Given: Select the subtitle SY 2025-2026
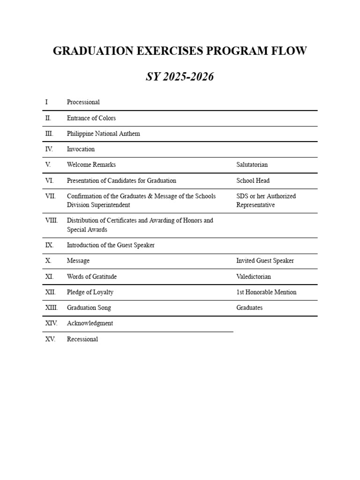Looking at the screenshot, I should coord(180,77).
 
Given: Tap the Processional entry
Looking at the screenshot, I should coord(83,102).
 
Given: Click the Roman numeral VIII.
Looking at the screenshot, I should coord(52,220).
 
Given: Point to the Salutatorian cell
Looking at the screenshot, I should coord(252,165).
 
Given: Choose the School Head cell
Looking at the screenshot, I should coord(253,180).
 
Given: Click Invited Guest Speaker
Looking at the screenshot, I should coord(265,261).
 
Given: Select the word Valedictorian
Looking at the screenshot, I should coord(253,277).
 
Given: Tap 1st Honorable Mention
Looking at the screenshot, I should coord(266,292).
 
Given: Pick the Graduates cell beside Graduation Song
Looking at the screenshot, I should coord(249,308).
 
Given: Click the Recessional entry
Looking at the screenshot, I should coord(82,339).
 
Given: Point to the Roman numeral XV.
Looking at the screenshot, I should coord(50,339).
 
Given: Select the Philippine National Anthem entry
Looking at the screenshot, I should coord(103,134).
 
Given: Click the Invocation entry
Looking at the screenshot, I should coord(81,149).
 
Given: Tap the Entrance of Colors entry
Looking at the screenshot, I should coord(91,118).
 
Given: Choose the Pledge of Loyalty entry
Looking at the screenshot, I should coord(90,292).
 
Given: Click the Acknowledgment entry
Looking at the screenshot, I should coord(90,323).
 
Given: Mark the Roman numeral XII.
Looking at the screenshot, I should coord(50,292).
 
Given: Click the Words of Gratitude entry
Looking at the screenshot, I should coord(92,277).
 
